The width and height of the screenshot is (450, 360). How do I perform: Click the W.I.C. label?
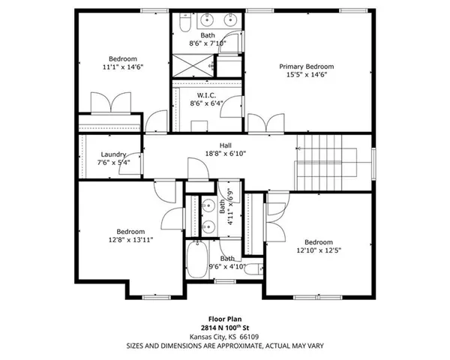tap(208, 95)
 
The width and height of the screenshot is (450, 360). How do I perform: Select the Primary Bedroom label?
tap(307, 67)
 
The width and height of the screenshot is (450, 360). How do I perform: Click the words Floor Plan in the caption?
tap(225, 319)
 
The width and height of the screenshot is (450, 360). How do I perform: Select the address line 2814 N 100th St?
tap(225, 328)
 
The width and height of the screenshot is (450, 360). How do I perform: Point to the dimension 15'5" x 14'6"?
tap(307, 75)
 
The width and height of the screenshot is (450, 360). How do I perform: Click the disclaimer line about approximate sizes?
tap(225, 346)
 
